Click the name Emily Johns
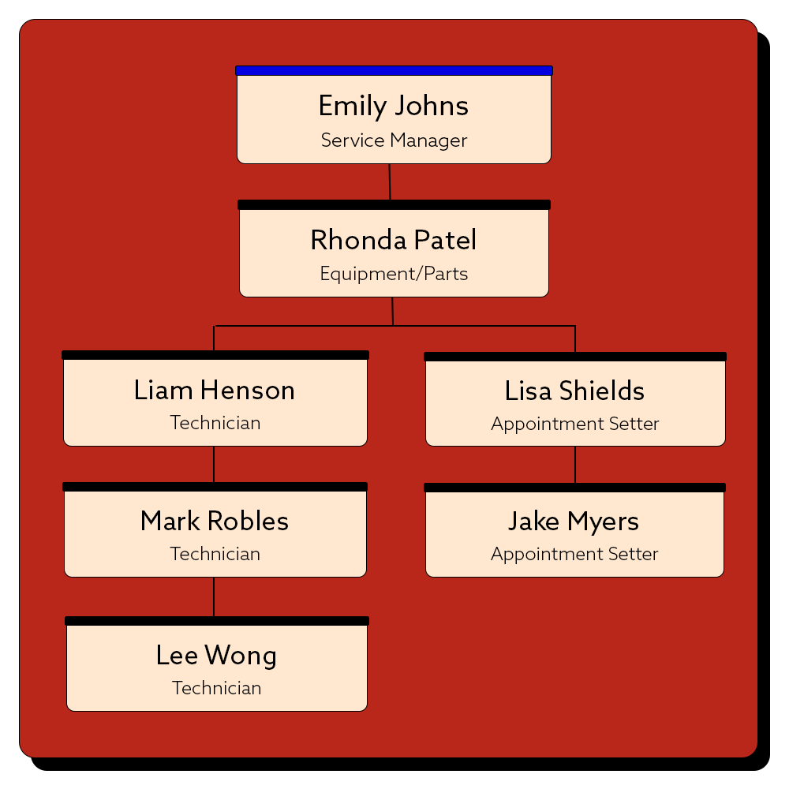(394, 107)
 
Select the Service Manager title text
(394, 140)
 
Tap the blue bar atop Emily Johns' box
(394, 70)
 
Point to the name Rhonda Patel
(394, 240)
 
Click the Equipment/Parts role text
(394, 275)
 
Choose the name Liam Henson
(215, 391)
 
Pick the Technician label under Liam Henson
(215, 423)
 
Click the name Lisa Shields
(574, 391)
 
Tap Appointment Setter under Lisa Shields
(574, 424)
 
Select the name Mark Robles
(215, 521)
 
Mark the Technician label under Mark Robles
(215, 554)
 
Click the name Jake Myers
(574, 521)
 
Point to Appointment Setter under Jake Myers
(574, 554)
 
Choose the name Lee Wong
(216, 656)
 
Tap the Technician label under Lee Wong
(216, 688)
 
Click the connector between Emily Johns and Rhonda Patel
(390, 181)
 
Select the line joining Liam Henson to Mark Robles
(214, 464)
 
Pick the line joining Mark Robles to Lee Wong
(214, 596)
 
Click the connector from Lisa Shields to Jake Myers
(574, 465)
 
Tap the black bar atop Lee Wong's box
(217, 621)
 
